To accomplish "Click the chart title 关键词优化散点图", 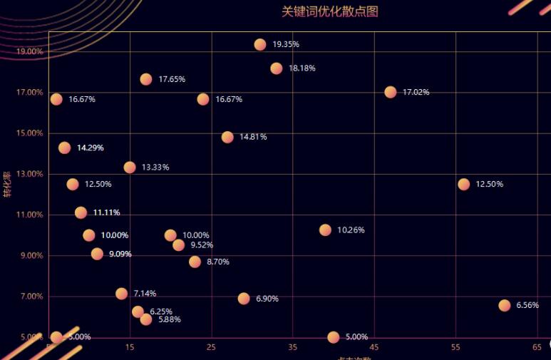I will [329, 11].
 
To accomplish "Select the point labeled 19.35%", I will [260, 44].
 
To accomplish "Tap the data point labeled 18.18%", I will [277, 68].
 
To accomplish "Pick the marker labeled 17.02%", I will [390, 92].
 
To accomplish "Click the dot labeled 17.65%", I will [146, 79].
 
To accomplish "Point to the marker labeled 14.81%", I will [227, 137].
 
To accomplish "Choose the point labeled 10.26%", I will [325, 230].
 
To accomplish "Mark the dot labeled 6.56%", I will [505, 305].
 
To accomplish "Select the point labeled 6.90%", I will [244, 299].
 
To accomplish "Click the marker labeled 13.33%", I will [130, 168].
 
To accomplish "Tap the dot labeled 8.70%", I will [195, 262].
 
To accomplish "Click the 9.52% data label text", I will [202, 245].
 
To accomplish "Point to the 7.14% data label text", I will [145, 293].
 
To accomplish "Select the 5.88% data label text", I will [170, 319].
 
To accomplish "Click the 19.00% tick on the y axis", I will [29, 52].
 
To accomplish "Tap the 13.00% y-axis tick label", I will [29, 175].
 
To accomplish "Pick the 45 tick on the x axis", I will [374, 347].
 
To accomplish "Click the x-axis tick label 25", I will [211, 347].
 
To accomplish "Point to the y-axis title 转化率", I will [7, 185].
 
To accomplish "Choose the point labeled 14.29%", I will [64, 148].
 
